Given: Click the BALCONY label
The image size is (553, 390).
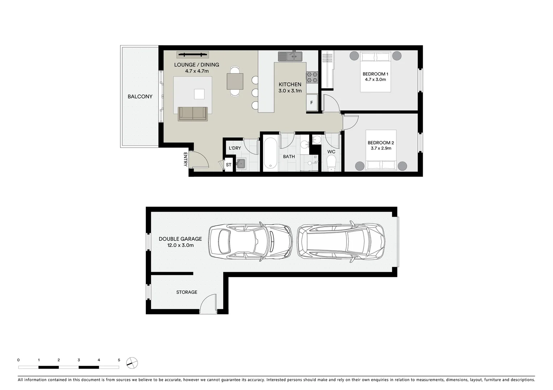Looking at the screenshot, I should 140,96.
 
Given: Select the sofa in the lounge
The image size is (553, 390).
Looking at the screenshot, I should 193,114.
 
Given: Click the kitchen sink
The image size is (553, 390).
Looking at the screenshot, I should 290,56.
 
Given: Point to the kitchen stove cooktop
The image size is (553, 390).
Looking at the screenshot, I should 312,77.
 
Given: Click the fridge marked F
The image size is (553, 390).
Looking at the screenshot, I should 311,103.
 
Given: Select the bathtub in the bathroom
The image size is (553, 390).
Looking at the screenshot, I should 270,155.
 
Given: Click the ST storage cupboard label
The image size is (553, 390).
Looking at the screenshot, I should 229,165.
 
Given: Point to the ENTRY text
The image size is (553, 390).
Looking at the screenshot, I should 185,159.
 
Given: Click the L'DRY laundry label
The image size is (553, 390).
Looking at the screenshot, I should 235,148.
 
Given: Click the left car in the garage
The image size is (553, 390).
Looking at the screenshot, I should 250,241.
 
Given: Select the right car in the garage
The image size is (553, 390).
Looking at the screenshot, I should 341,241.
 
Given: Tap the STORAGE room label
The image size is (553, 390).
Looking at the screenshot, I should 187,292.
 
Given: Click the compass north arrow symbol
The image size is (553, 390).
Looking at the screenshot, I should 132,363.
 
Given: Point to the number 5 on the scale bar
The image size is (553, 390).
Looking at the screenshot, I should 119,360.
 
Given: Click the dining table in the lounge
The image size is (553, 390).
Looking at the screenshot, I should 235,81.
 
